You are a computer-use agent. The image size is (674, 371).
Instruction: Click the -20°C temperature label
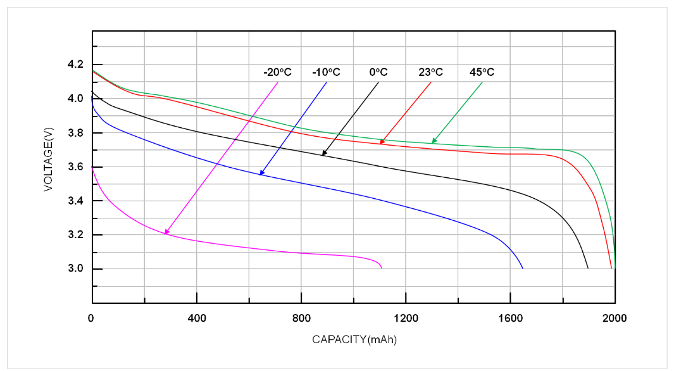click(x=278, y=72)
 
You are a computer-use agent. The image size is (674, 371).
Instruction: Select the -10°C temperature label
click(x=326, y=72)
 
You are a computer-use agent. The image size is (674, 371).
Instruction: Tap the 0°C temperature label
click(x=378, y=72)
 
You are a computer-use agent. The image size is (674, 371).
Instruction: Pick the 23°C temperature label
click(x=430, y=72)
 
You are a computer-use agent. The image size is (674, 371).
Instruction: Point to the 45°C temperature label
click(x=482, y=72)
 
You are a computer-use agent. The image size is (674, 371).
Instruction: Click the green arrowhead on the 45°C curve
click(x=434, y=141)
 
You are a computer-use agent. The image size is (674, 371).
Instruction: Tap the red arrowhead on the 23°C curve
click(x=382, y=142)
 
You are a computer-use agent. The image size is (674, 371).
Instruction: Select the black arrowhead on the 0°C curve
click(x=324, y=153)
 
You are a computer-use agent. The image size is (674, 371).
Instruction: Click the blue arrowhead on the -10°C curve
click(x=261, y=173)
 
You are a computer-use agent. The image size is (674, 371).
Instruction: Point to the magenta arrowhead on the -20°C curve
click(x=166, y=232)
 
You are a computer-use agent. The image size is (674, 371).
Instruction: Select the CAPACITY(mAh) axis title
click(x=354, y=339)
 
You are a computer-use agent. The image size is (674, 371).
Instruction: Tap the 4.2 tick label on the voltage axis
click(x=75, y=65)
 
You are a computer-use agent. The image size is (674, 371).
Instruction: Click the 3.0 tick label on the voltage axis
click(x=75, y=269)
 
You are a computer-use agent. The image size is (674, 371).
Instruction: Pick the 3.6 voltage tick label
click(x=75, y=167)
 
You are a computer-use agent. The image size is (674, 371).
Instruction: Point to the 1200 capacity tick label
click(x=406, y=318)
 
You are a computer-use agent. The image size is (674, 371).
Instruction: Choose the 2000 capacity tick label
click(x=614, y=318)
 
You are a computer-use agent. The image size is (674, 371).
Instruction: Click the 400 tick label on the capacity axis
click(x=197, y=318)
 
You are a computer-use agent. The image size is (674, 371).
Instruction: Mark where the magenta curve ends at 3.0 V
click(x=382, y=268)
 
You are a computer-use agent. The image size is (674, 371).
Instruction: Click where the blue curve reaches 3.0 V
click(x=523, y=268)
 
